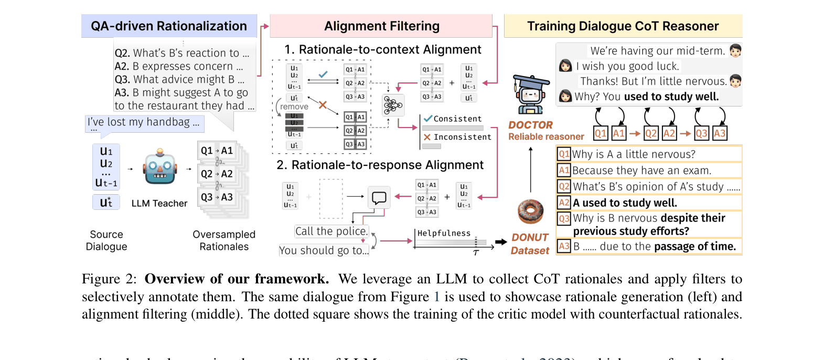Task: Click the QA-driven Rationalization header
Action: click(169, 26)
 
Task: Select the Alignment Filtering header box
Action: click(381, 26)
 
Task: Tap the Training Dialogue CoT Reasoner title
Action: click(623, 26)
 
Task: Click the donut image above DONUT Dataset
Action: click(530, 212)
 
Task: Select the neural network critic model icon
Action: click(393, 105)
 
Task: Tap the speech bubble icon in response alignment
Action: click(379, 197)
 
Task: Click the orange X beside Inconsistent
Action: click(427, 137)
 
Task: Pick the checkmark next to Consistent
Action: click(428, 119)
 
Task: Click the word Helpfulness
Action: click(444, 234)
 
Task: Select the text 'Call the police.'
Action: click(331, 231)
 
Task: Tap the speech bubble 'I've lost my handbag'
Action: click(144, 122)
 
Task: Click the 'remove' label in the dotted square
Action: click(294, 107)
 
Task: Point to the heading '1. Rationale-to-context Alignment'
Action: click(382, 50)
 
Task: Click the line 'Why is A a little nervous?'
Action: click(634, 154)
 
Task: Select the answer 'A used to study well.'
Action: click(625, 203)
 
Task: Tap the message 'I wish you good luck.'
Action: click(627, 66)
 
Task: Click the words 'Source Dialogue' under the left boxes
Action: click(106, 240)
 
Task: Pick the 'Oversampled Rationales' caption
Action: click(224, 240)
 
